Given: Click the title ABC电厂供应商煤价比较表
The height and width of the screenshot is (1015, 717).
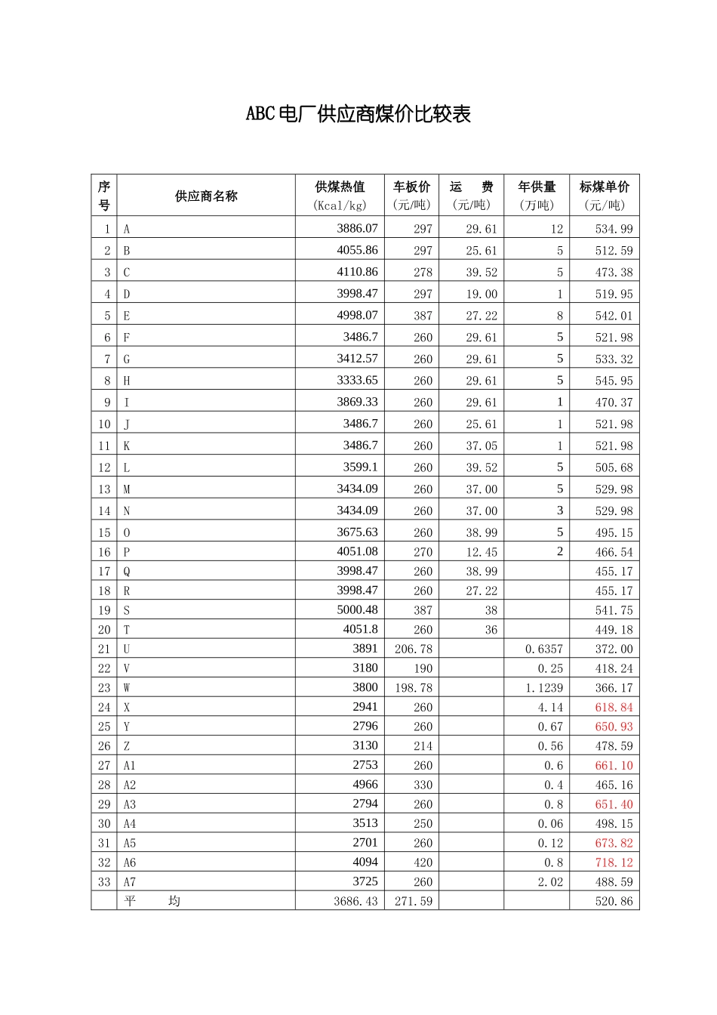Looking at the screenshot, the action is pyautogui.click(x=358, y=114).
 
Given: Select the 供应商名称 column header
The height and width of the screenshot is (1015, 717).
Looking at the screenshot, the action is pyautogui.click(x=206, y=196).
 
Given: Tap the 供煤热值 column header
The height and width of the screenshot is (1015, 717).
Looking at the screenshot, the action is pyautogui.click(x=340, y=195).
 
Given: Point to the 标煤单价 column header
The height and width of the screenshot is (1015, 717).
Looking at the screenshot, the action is pyautogui.click(x=605, y=195).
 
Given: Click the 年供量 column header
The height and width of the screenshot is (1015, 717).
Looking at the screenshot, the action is pyautogui.click(x=537, y=195).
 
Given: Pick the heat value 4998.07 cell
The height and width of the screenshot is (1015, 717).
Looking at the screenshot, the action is pyautogui.click(x=357, y=315).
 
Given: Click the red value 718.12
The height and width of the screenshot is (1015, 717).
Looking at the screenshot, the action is pyautogui.click(x=614, y=862).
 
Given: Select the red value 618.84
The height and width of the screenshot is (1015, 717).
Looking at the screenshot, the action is pyautogui.click(x=614, y=708).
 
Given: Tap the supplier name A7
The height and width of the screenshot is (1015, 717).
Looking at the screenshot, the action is pyautogui.click(x=130, y=882).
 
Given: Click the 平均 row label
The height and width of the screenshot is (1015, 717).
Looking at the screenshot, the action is pyautogui.click(x=152, y=901).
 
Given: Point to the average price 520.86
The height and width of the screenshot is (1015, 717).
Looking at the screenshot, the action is pyautogui.click(x=614, y=902).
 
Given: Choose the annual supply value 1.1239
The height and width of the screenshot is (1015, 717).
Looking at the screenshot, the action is pyautogui.click(x=544, y=688).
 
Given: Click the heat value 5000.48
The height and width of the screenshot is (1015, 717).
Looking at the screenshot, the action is pyautogui.click(x=357, y=609).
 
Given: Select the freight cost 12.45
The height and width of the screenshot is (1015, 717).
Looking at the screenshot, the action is pyautogui.click(x=482, y=552).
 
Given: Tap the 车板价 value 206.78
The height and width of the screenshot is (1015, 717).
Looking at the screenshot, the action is pyautogui.click(x=414, y=649).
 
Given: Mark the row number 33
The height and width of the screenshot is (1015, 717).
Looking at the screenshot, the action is pyautogui.click(x=104, y=882).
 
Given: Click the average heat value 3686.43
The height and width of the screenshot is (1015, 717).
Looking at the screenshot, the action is pyautogui.click(x=355, y=902).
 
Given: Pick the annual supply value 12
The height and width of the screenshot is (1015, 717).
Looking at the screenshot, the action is pyautogui.click(x=556, y=229).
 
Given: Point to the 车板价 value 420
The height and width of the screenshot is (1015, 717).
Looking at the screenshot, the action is pyautogui.click(x=423, y=862).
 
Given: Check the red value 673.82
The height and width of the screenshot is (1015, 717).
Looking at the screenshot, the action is pyautogui.click(x=614, y=843).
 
